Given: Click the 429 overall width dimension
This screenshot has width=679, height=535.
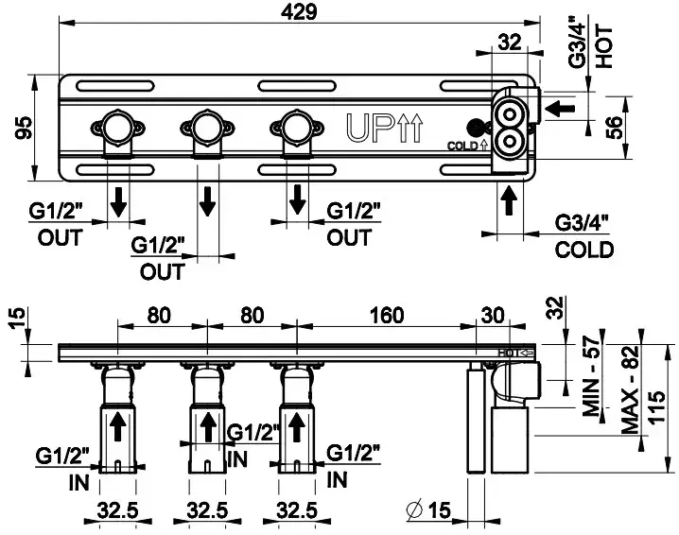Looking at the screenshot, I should pyautogui.click(x=299, y=11).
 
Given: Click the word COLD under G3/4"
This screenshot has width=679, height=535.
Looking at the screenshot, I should pyautogui.click(x=583, y=250).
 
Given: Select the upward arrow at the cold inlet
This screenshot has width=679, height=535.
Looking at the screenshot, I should pyautogui.click(x=509, y=200).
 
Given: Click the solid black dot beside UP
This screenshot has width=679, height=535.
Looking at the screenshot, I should pyautogui.click(x=473, y=126).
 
